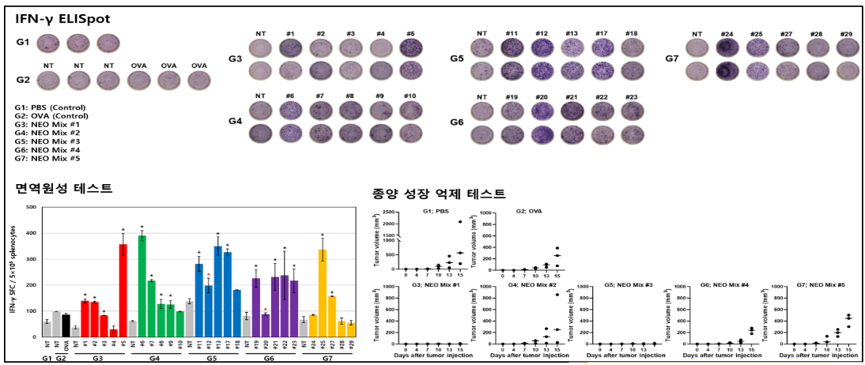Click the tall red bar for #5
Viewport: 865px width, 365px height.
[123, 290]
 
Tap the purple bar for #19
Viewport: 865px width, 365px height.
[256, 307]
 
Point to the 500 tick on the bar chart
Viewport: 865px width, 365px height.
[32, 208]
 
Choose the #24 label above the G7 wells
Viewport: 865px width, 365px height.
[727, 34]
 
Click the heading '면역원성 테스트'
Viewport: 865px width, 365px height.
[63, 188]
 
